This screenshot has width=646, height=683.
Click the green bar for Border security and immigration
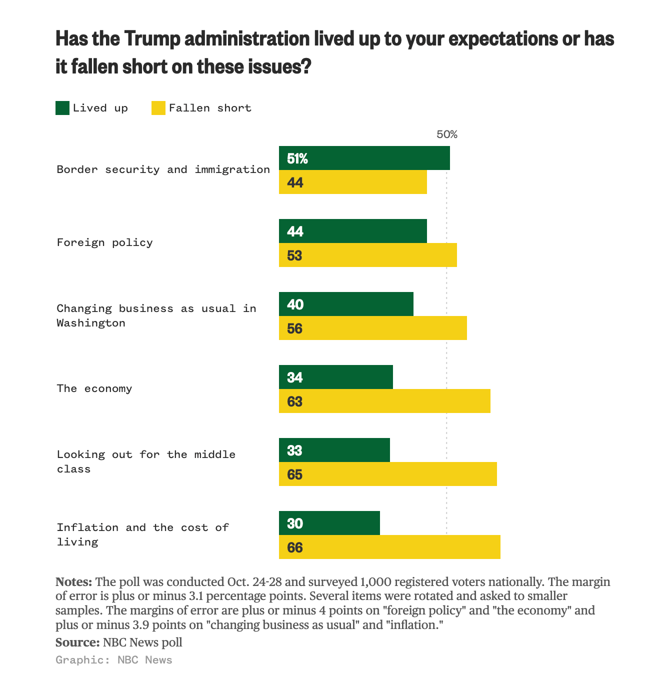click(x=364, y=158)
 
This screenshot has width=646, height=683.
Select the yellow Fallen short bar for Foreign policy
click(x=367, y=255)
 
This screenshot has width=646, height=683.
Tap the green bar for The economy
click(x=335, y=377)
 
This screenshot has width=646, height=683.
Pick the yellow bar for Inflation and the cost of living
click(x=389, y=547)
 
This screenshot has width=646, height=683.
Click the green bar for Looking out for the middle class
click(x=334, y=450)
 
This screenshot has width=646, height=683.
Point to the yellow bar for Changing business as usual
click(x=372, y=328)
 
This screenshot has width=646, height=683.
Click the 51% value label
click(x=297, y=158)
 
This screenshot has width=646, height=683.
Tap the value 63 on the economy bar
click(x=295, y=401)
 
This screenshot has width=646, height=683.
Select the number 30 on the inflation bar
click(x=295, y=523)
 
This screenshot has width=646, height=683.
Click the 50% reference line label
click(x=446, y=134)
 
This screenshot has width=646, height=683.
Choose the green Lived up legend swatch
click(x=62, y=108)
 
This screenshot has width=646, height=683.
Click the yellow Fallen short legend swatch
click(x=158, y=108)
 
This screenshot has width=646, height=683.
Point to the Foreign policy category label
click(x=104, y=242)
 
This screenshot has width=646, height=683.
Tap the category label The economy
click(x=94, y=388)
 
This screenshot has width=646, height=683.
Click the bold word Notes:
click(x=73, y=582)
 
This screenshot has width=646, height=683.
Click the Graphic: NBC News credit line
click(x=114, y=660)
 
